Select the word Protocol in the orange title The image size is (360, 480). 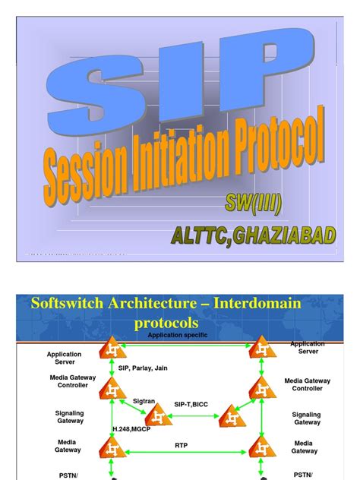(x=270, y=144)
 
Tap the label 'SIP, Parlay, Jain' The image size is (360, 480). (x=143, y=368)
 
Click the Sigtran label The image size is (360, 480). (x=144, y=400)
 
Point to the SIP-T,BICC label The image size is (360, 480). (x=191, y=405)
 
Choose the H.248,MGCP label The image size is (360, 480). (x=133, y=429)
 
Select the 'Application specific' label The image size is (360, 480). (x=177, y=335)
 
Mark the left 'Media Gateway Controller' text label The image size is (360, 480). (x=69, y=381)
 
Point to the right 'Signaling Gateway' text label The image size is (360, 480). (x=307, y=418)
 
